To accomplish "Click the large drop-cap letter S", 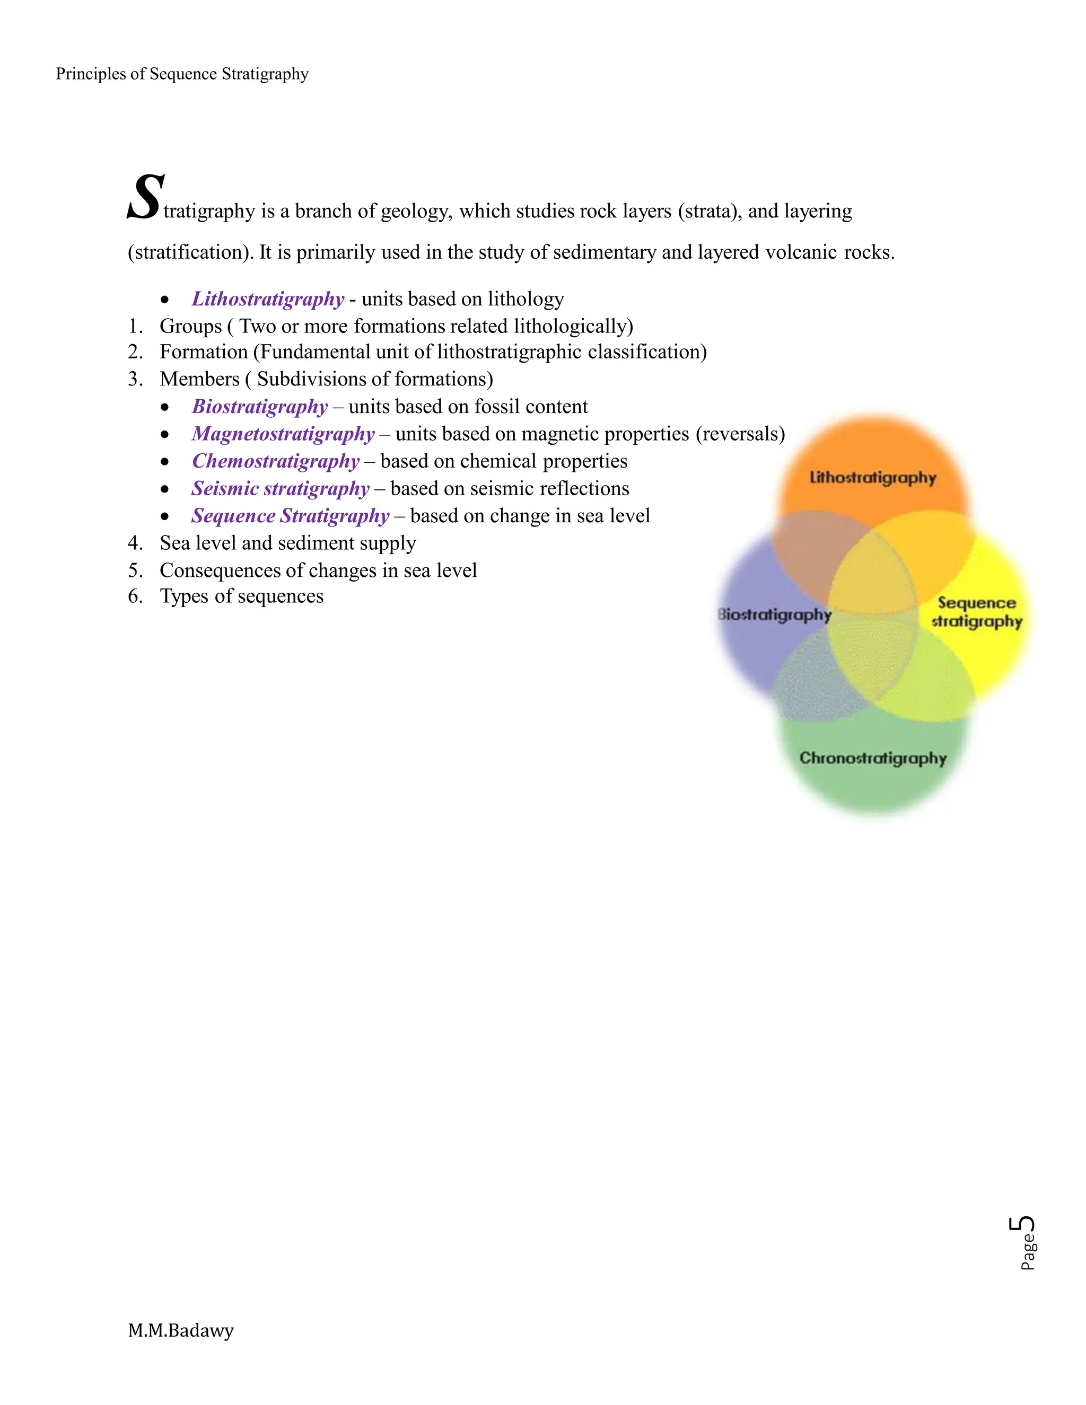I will (145, 198).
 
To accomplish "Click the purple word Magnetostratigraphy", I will (283, 434).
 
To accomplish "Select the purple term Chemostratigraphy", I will (275, 461).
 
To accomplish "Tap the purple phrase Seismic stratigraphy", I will (281, 489).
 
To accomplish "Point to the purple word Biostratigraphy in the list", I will (260, 407).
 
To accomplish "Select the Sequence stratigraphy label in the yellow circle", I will (977, 612).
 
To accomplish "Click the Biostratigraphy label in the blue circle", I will (775, 614).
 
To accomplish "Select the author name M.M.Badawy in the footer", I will (181, 1330).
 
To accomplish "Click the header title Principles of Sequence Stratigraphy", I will (182, 74).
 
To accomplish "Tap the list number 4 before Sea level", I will (134, 543).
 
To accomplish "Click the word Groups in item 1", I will (190, 326).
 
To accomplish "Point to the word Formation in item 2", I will (203, 352).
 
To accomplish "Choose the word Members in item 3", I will (199, 379).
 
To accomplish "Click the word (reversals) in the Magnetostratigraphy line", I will (740, 434).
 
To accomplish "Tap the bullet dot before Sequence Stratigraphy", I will (165, 516).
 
